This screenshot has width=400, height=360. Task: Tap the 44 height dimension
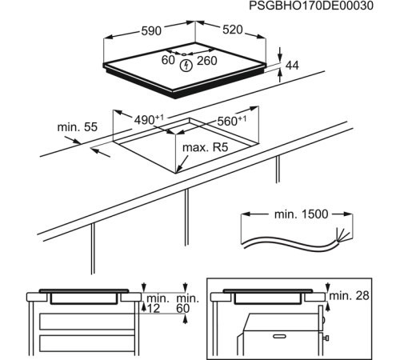click(x=291, y=64)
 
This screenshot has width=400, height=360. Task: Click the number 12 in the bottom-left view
click(x=153, y=308)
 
